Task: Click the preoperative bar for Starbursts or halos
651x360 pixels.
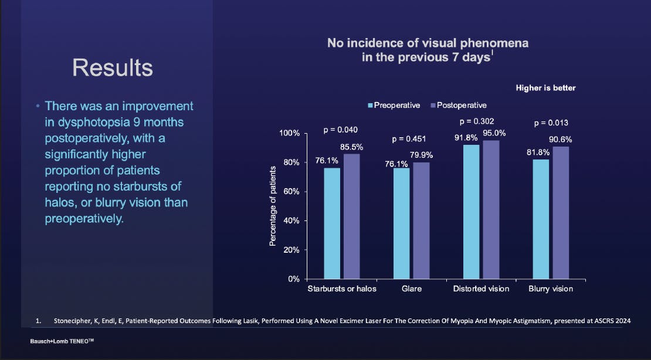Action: tap(332, 223)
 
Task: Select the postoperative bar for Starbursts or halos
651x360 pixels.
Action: tap(352, 216)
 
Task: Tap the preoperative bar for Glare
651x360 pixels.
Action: tap(401, 223)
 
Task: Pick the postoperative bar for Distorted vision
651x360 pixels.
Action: tap(491, 209)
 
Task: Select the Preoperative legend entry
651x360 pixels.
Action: tap(394, 106)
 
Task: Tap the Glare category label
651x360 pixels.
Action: tap(411, 289)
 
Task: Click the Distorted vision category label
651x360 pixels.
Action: tap(481, 289)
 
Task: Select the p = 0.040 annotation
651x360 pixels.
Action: tap(341, 130)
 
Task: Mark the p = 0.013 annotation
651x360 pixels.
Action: tap(551, 124)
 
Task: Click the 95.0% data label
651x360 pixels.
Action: tap(494, 133)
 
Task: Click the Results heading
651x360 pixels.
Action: tap(113, 68)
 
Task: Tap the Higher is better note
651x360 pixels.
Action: tap(545, 88)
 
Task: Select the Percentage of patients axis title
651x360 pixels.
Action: tap(273, 206)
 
